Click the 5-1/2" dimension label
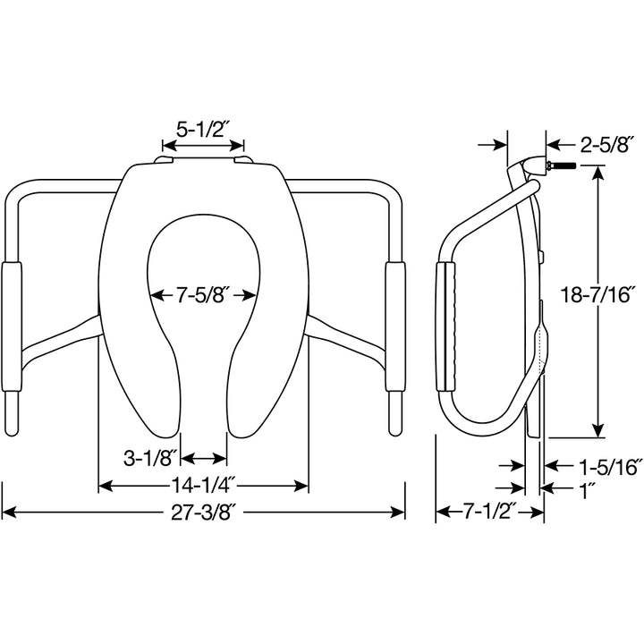click(x=203, y=129)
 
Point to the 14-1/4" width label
click(x=203, y=486)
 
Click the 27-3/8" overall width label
click(x=203, y=513)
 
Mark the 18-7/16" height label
click(x=597, y=293)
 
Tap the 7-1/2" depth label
click(x=489, y=513)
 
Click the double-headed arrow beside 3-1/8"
click(x=203, y=458)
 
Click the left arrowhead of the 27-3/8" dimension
click(x=7, y=513)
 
